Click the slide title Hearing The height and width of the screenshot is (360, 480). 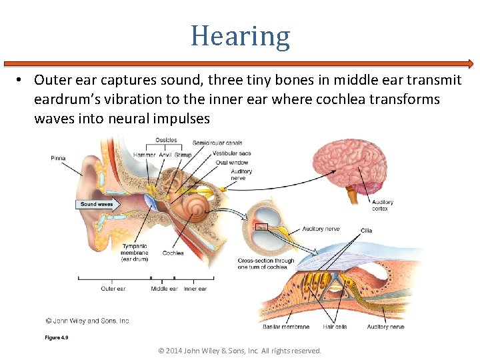pos(240,36)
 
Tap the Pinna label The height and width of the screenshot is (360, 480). pos(58,158)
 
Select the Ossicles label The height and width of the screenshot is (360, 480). pos(165,140)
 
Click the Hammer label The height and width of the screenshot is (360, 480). pos(144,155)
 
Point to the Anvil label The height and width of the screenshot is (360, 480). pos(165,155)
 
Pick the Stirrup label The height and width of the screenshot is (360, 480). pos(183,155)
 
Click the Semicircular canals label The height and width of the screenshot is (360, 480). pos(217,143)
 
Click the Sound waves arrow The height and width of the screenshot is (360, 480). pos(99,205)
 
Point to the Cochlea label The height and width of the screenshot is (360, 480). pos(173,253)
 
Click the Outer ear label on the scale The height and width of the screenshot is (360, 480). pos(113,289)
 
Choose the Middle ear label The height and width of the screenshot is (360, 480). pos(164,289)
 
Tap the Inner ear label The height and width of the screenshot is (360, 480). pos(195,289)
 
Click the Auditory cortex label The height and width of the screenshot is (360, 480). pos(383,205)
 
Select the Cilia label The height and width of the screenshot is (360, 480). pos(366,231)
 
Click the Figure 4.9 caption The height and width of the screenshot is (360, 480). pos(57,337)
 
